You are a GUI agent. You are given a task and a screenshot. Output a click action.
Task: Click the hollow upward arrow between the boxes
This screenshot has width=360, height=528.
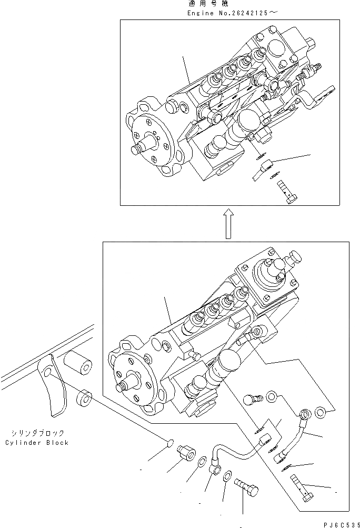(227, 223)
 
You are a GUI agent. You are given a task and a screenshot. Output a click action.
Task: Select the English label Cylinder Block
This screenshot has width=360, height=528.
(37, 443)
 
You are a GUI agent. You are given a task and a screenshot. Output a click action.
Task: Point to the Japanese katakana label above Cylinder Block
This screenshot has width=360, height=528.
(37, 433)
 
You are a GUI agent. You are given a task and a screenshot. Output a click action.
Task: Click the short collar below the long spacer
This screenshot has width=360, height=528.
(84, 400)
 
